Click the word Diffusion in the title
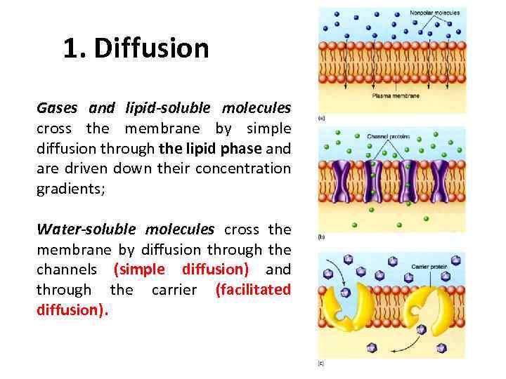151,48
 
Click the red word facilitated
253,289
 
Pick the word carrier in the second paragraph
174,289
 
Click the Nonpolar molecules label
435,13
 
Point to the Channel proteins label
388,135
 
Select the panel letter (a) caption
322,118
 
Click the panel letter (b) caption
322,237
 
